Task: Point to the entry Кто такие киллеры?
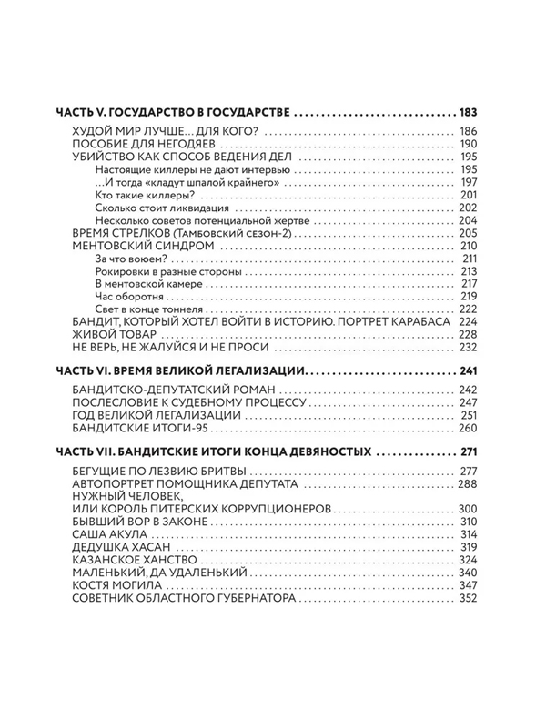pyautogui.click(x=136, y=196)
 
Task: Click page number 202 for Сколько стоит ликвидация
pyautogui.click(x=470, y=208)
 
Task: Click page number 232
pyautogui.click(x=469, y=348)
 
